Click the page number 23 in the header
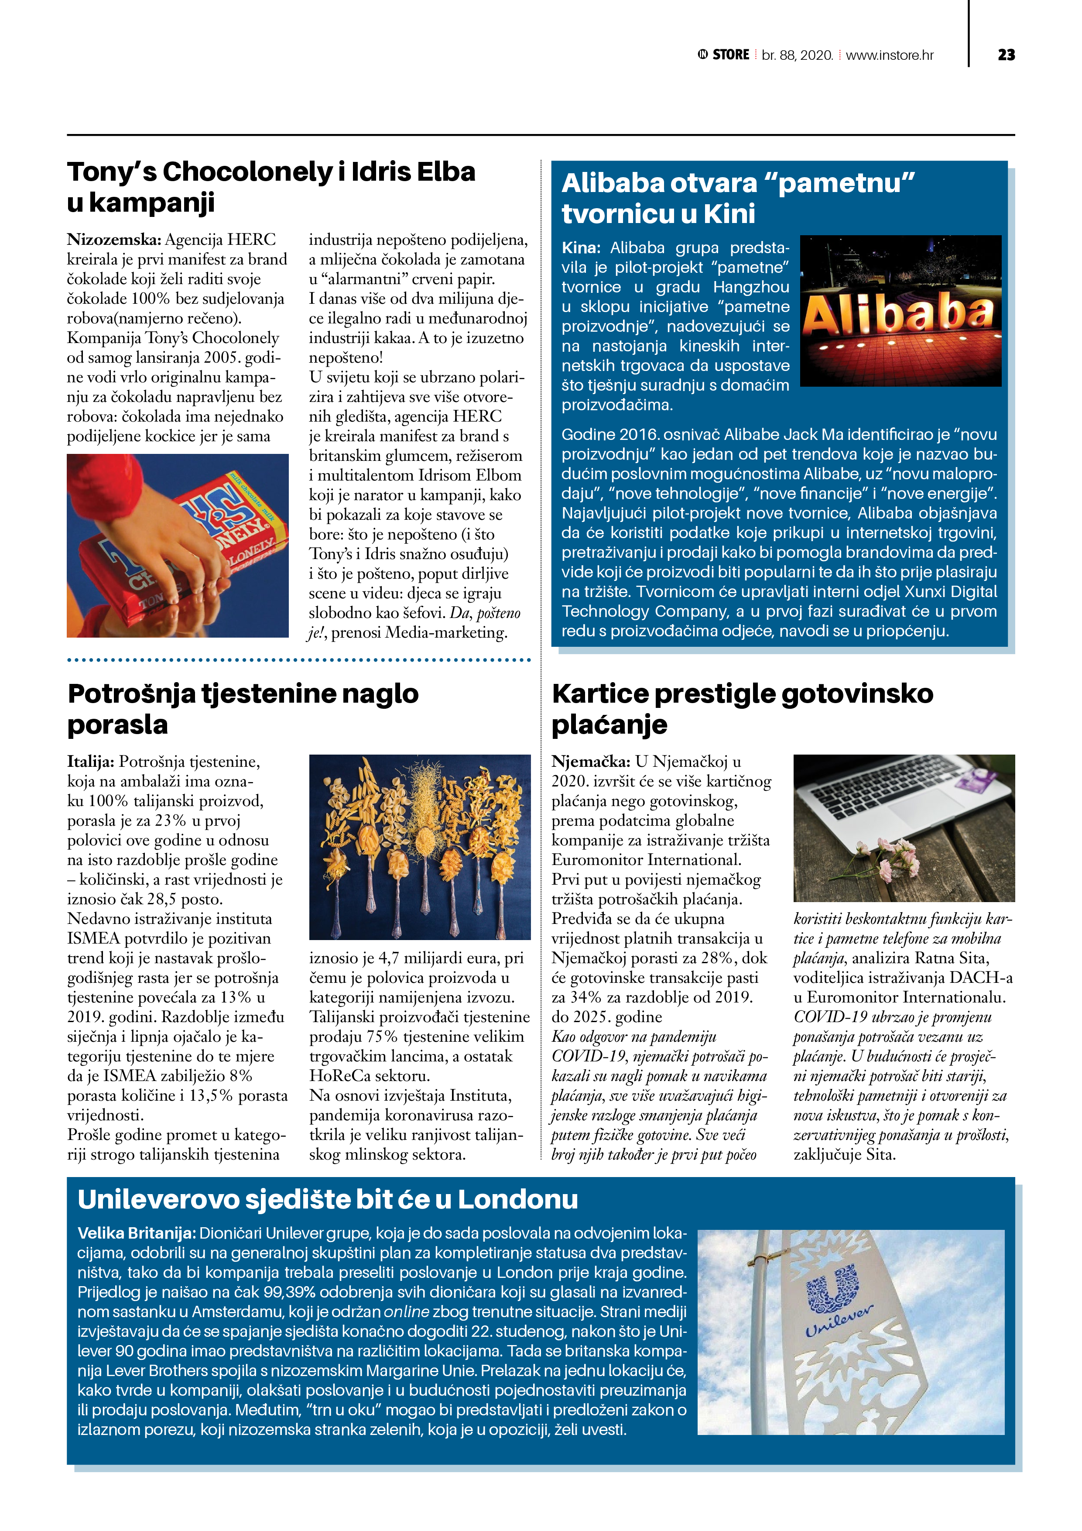coord(1006,55)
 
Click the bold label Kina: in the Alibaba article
coord(581,248)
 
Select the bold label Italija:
coord(91,762)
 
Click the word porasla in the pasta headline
coord(117,725)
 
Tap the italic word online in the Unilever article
coord(406,1311)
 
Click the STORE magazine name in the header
coord(731,55)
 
